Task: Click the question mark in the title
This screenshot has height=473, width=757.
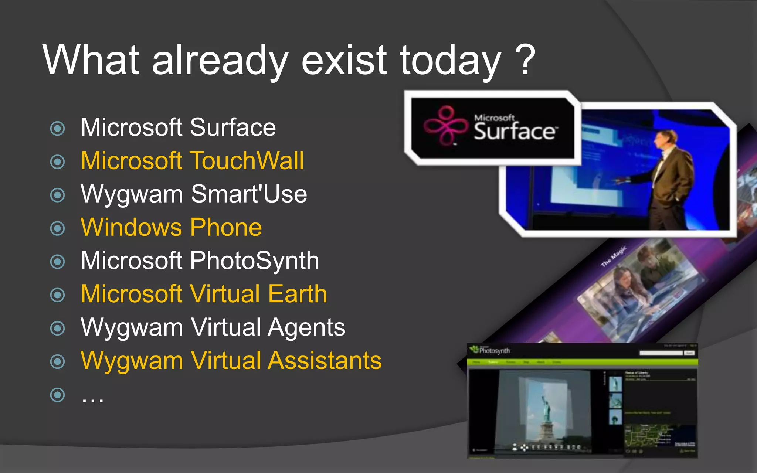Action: (x=525, y=59)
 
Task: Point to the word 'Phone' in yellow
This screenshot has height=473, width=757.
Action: (x=226, y=227)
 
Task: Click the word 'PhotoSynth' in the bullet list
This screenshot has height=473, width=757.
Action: (x=255, y=261)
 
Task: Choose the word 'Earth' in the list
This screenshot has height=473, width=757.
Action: (x=298, y=294)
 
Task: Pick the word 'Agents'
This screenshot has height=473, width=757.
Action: (x=306, y=328)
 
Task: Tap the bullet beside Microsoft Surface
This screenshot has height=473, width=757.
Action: (x=57, y=128)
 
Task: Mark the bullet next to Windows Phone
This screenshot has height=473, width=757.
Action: (x=57, y=228)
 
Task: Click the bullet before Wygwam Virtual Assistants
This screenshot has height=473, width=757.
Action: (x=57, y=361)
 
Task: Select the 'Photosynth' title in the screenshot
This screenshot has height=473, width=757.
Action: (x=494, y=350)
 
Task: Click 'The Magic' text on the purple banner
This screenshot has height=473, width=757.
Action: (x=614, y=256)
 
